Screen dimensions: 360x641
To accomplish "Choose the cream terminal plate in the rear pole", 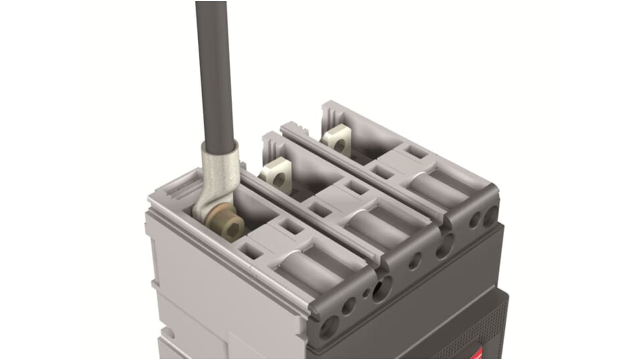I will click(x=336, y=140).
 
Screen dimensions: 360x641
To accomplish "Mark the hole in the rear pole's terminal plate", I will click(x=339, y=144).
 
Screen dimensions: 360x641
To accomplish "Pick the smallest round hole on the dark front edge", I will click(x=366, y=294).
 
